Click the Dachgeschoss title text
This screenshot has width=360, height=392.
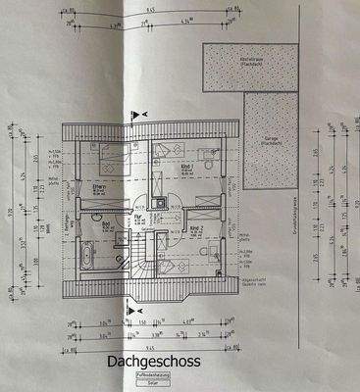[154, 364]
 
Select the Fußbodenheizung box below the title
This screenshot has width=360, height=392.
[154, 376]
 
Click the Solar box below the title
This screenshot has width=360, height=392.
[154, 383]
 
